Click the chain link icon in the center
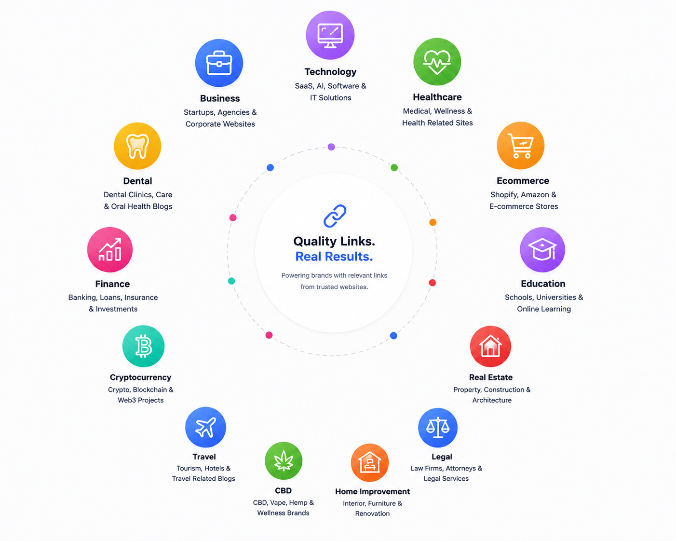[x=335, y=216]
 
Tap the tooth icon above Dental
[x=137, y=146]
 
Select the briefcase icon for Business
[x=219, y=63]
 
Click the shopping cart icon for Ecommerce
[x=521, y=146]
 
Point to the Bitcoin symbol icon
[x=144, y=346]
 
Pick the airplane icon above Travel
[x=205, y=427]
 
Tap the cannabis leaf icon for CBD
[x=284, y=460]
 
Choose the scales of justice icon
[x=438, y=428]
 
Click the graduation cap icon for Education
[x=542, y=249]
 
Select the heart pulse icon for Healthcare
[x=437, y=62]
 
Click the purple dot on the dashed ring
[x=331, y=147]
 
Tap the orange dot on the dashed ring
[x=433, y=222]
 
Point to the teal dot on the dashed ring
[x=231, y=281]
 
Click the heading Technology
[x=330, y=72]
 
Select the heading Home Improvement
[x=372, y=491]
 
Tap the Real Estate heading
[x=491, y=377]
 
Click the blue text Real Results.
[x=334, y=257]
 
